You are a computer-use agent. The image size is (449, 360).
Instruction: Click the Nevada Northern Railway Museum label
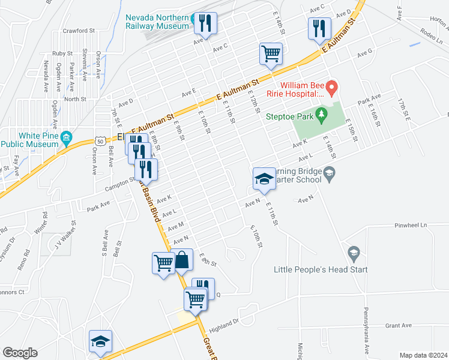pyautogui.click(x=157, y=22)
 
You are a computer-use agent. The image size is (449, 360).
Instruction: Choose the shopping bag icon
pyautogui.click(x=182, y=261)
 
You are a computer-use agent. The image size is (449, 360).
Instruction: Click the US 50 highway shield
pyautogui.click(x=98, y=140)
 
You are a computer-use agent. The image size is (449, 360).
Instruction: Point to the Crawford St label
pyautogui.click(x=82, y=30)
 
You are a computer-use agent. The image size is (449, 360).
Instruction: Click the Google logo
pyautogui.click(x=20, y=353)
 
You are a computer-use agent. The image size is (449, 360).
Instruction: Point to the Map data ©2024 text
pyautogui.click(x=423, y=355)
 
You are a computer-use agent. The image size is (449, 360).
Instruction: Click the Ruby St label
pyautogui.click(x=62, y=53)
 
